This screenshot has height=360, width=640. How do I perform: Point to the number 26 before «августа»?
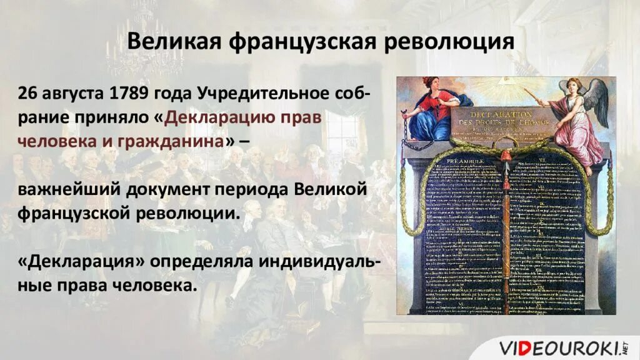coord(27,94)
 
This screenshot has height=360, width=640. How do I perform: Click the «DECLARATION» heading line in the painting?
coord(503,115)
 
